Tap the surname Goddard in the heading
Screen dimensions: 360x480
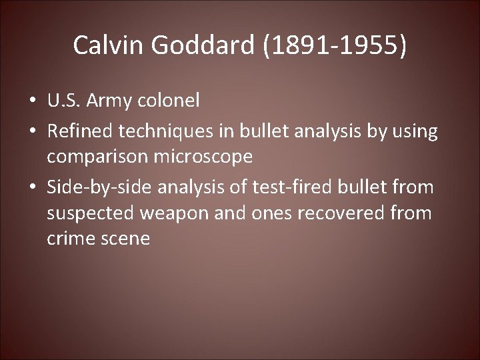coord(202,45)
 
